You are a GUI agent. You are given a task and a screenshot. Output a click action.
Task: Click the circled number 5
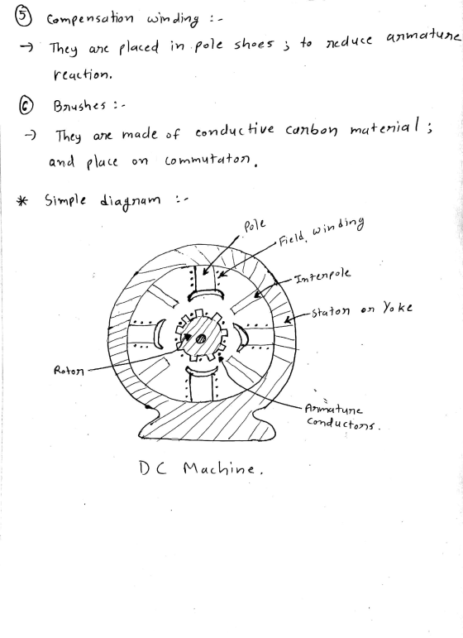(22, 16)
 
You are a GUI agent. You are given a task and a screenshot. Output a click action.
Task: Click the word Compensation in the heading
(90, 20)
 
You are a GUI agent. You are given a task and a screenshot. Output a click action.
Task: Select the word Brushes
(79, 106)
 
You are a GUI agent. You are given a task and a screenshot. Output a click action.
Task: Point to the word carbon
(312, 130)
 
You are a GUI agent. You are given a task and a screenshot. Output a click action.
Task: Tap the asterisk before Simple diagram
(22, 200)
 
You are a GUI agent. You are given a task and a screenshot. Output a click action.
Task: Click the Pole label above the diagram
(255, 225)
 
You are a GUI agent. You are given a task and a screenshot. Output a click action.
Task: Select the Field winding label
(321, 231)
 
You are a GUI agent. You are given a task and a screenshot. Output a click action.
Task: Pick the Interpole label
(322, 276)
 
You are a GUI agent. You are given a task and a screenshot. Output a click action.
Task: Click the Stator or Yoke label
(362, 309)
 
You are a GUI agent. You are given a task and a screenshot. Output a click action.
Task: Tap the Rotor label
(69, 371)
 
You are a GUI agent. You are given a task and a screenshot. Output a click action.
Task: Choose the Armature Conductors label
(341, 416)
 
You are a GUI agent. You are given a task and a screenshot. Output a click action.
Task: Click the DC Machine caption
(200, 468)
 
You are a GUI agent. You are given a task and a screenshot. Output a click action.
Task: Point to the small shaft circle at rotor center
(200, 338)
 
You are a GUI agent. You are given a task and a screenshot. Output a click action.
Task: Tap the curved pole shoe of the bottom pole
(202, 371)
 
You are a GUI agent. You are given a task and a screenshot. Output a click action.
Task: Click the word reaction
(82, 74)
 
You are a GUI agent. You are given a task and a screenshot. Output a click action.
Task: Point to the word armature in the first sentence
(422, 37)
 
